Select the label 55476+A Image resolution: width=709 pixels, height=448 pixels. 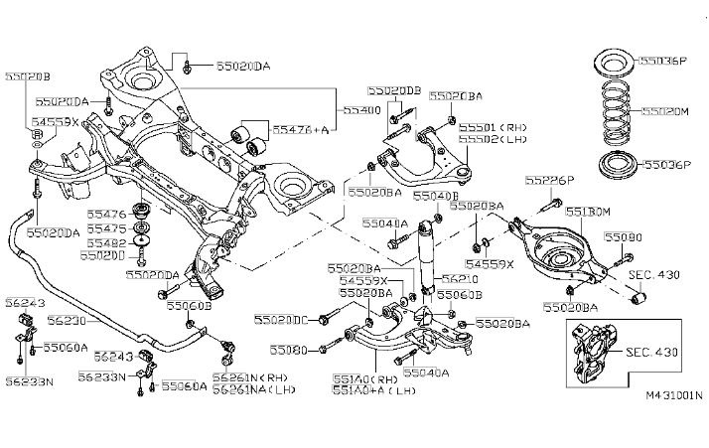coord(292,129)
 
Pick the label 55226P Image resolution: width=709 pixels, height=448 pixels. coord(550,181)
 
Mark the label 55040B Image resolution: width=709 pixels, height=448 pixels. coord(429,197)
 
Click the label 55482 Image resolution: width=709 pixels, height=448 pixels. coord(104,242)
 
